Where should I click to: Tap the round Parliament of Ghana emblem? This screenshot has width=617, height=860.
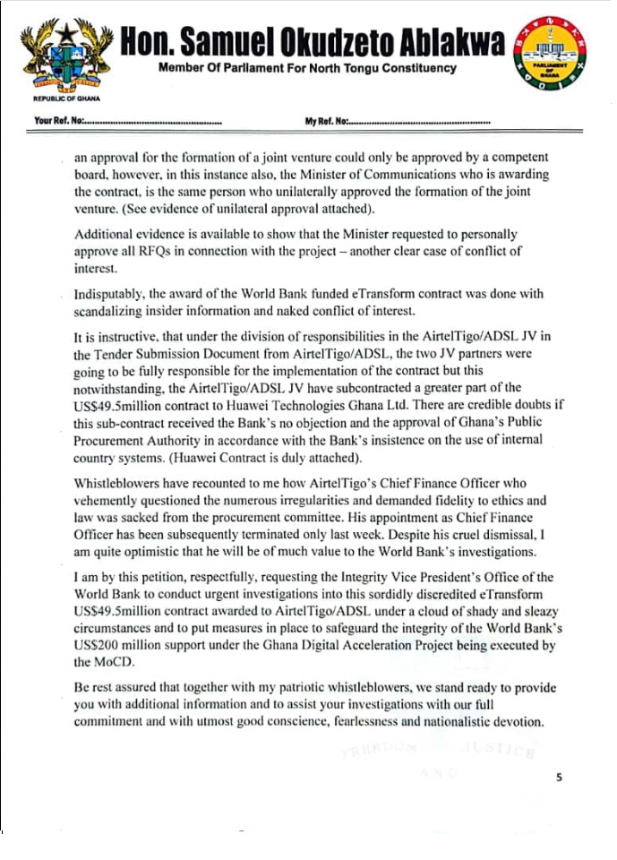pyautogui.click(x=549, y=57)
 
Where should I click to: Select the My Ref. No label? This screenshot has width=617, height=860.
pyautogui.click(x=326, y=120)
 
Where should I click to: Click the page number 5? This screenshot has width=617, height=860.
pyautogui.click(x=558, y=778)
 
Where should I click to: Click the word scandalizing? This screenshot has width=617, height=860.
pyautogui.click(x=111, y=312)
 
